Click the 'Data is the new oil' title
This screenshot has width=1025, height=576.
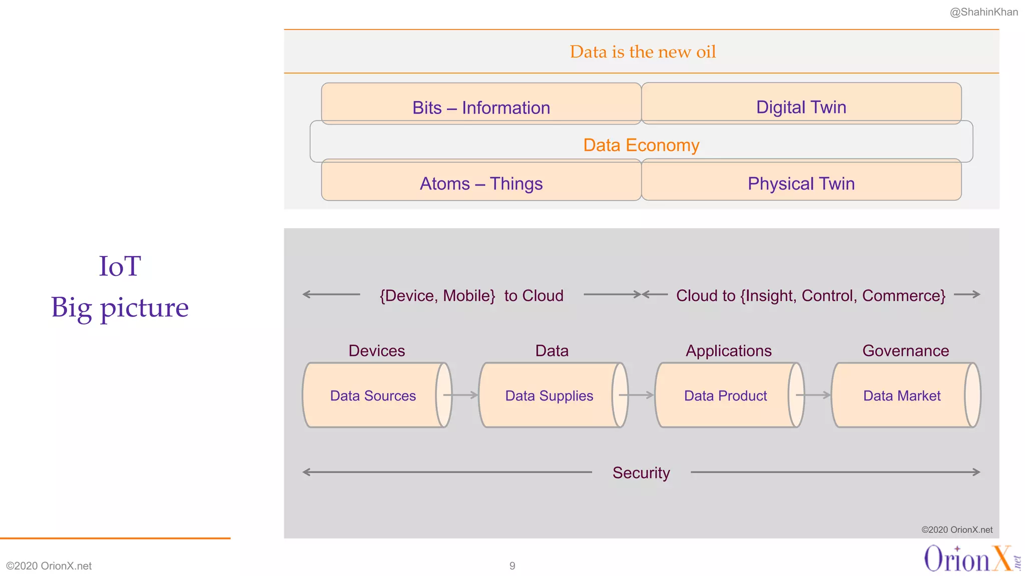coord(643,52)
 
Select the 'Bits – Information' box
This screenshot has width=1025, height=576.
coord(481,107)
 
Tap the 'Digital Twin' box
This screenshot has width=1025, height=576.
coord(801,106)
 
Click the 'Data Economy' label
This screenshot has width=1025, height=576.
coord(641,145)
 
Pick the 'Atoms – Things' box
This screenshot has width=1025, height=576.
coord(481,183)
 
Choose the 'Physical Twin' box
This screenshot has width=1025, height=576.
coord(801,183)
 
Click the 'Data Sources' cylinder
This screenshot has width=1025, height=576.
coord(373,395)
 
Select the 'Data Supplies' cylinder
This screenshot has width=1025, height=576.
coord(549,395)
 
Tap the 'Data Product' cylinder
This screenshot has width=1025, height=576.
coord(725,395)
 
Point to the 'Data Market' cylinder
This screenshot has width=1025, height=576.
coord(902,395)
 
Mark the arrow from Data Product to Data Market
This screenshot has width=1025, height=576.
coord(814,395)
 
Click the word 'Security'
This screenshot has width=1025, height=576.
coord(641,472)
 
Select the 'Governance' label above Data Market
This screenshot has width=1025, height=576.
coord(905,350)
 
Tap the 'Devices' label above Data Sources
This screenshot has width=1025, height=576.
coord(376,350)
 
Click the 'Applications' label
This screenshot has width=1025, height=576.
coord(728,350)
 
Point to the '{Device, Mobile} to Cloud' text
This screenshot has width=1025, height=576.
coord(471,295)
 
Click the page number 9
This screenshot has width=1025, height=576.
coord(512,565)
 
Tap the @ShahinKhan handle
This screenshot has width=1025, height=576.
coord(983,12)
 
